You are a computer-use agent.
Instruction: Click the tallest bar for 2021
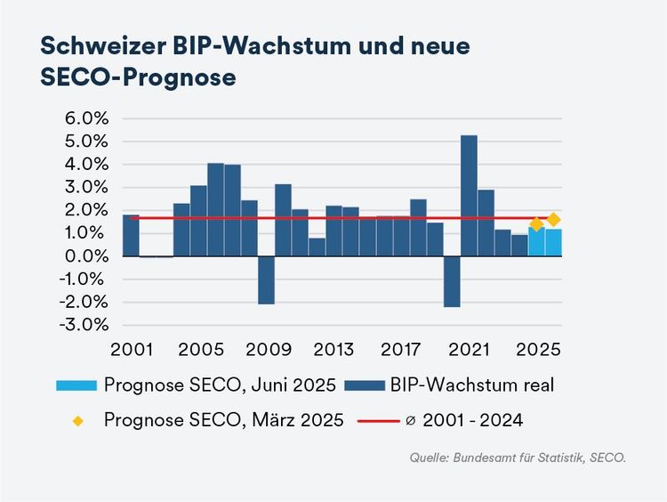tap(469, 196)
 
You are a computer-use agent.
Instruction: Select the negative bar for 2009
tap(266, 279)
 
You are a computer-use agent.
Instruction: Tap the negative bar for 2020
tap(452, 281)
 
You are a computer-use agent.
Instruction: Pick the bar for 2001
tap(131, 235)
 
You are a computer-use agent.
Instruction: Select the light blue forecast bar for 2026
tap(553, 243)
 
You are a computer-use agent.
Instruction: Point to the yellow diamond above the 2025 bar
tap(536, 224)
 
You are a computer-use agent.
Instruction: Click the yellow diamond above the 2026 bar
tap(553, 219)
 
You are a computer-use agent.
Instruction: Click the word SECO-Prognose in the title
tap(138, 77)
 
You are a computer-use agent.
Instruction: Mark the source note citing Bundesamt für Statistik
tap(518, 458)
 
